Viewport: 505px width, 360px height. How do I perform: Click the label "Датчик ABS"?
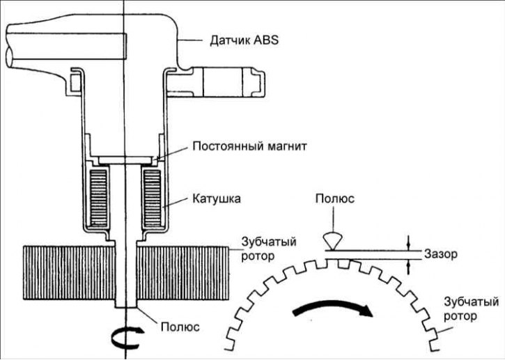coord(244,40)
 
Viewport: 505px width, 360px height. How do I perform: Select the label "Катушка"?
coord(216,199)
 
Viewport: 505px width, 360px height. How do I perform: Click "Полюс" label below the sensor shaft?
coord(180,325)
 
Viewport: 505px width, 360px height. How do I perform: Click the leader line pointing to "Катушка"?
coord(177,204)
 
